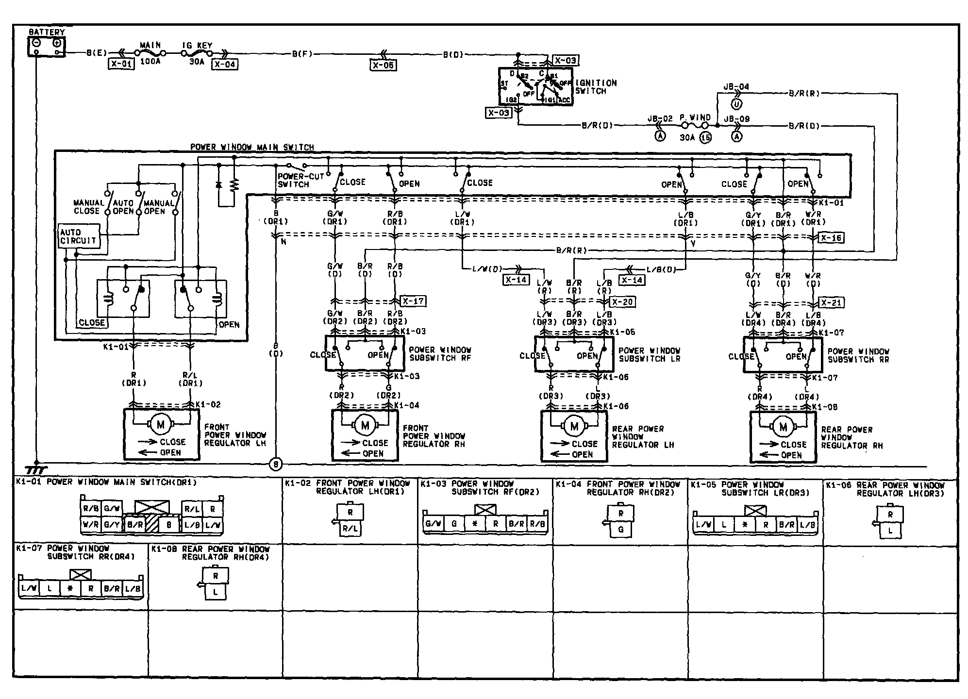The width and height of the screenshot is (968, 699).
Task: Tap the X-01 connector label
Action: point(121,64)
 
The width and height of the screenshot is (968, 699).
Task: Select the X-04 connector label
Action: point(225,64)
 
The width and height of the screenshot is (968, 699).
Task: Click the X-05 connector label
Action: point(383,65)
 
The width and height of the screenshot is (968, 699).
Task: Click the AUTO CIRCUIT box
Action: point(79,236)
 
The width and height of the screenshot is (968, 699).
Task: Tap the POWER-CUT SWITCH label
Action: point(300,181)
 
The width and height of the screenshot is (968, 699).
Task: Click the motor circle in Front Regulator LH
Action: point(161,425)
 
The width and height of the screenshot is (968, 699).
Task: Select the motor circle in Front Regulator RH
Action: point(365,426)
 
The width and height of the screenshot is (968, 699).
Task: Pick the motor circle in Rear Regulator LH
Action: point(574,427)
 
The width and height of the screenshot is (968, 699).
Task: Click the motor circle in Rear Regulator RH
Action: point(783,427)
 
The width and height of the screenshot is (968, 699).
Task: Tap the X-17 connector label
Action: point(413,301)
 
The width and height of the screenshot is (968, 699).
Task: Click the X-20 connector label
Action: point(622,301)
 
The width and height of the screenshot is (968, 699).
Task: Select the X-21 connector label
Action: point(831,302)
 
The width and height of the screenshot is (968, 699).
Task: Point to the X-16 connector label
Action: point(831,238)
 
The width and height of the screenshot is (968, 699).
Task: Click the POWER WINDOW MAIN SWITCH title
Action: point(252,147)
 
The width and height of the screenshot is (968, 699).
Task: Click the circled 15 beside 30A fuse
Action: point(705,138)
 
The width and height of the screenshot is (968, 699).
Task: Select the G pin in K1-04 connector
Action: point(621,530)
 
